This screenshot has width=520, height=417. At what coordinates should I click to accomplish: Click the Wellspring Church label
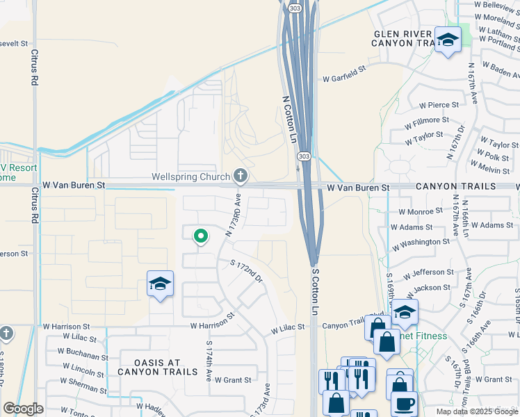click(190, 177)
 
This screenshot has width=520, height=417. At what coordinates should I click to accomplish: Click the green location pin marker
click(200, 238)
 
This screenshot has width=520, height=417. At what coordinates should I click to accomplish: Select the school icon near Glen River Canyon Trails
click(448, 41)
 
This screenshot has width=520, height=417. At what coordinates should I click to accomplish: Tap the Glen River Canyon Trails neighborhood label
click(403, 38)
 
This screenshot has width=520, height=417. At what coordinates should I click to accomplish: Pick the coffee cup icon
click(403, 403)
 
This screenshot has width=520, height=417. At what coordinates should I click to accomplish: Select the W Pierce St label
click(439, 105)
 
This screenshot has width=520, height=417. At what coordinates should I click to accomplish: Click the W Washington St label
click(421, 243)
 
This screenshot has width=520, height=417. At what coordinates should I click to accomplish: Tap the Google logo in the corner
click(23, 409)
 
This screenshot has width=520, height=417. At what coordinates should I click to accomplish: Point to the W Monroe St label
click(421, 211)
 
